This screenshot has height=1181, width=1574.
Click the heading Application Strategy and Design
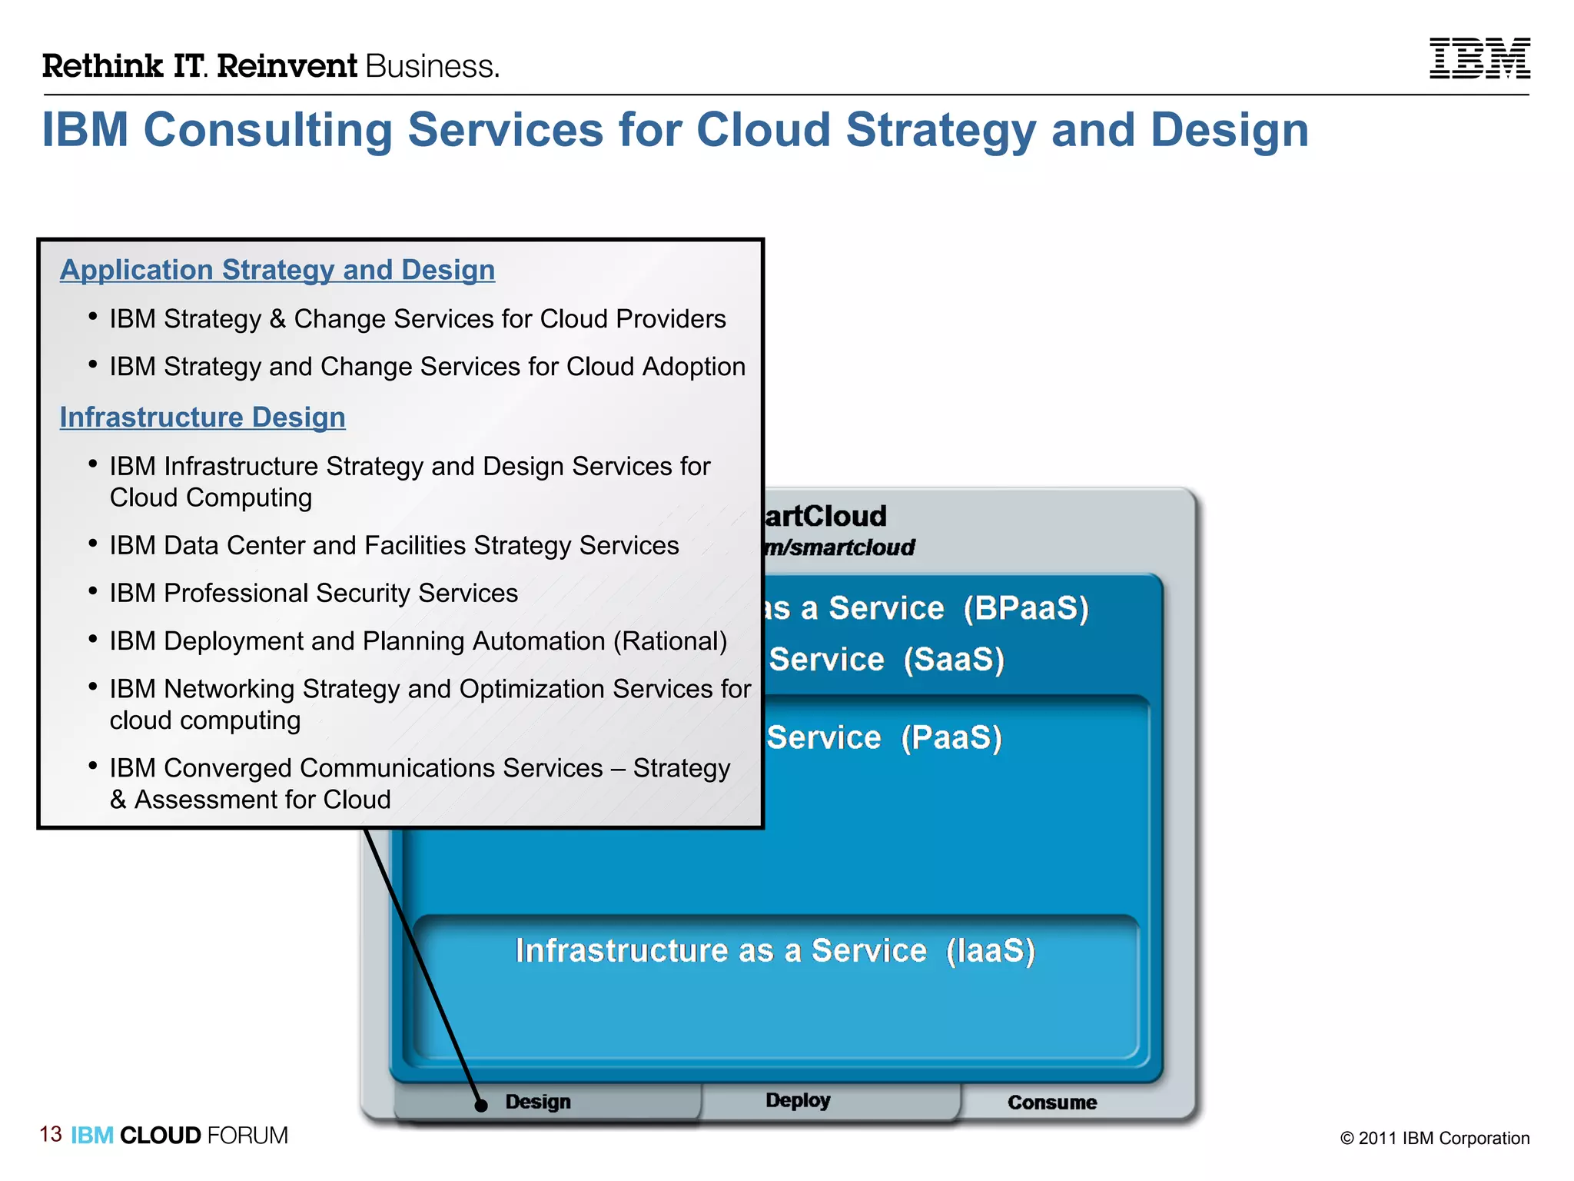point(277,270)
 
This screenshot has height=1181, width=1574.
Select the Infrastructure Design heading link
point(202,418)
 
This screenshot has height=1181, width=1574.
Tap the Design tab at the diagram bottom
point(538,1102)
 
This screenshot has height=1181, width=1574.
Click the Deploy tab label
point(798,1100)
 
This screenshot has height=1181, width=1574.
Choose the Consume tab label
point(1051,1103)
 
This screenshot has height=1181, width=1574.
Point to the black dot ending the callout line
point(481,1106)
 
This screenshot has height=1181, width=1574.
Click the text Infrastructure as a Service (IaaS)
point(775,951)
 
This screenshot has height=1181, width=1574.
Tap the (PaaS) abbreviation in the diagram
point(951,738)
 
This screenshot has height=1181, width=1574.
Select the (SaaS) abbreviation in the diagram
point(954,660)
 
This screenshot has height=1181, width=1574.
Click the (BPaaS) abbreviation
point(1026,608)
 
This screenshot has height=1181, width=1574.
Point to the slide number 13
point(51,1134)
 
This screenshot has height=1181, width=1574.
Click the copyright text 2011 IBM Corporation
point(1434,1138)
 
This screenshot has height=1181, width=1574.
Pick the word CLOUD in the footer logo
point(160,1136)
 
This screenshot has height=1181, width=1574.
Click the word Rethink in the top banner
point(102,66)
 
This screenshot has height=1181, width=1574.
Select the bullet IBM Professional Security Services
point(314,594)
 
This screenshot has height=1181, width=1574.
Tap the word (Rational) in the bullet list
point(669,641)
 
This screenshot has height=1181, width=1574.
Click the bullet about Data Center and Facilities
point(393,546)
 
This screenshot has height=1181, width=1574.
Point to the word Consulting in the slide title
point(268,129)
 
